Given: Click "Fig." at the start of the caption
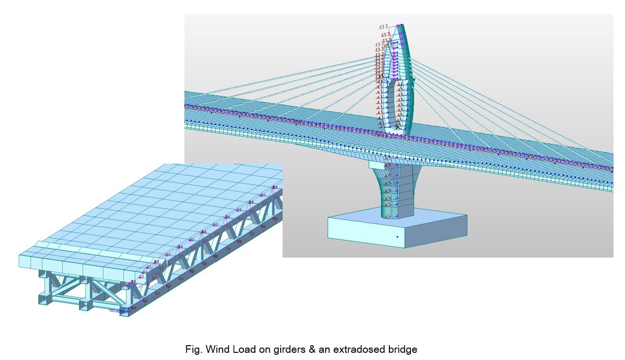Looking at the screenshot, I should click(x=192, y=349).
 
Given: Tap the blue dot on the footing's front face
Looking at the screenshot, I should click(x=397, y=236).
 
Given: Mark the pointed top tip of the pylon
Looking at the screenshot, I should click(x=402, y=25).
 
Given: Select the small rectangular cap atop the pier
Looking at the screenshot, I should click(x=381, y=164).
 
